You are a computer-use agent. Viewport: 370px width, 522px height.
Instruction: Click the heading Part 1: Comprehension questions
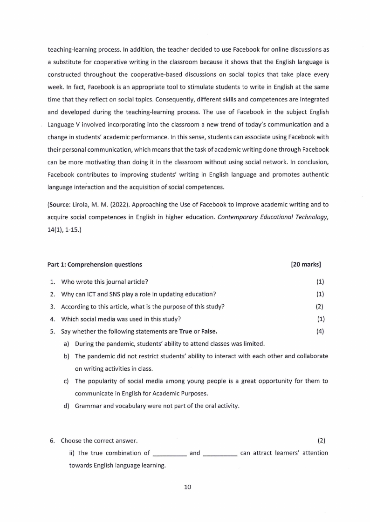tap(95, 265)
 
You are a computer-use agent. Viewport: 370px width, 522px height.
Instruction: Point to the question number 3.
tap(52, 307)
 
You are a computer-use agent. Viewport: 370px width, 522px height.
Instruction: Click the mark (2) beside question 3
tap(319, 307)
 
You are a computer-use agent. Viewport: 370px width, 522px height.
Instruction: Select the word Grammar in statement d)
tap(88, 406)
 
